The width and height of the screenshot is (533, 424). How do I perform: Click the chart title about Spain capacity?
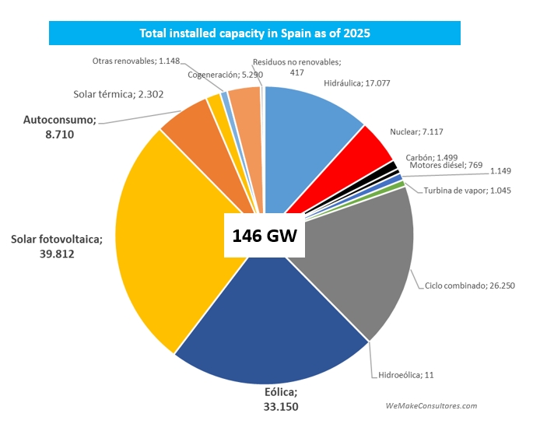[x=254, y=33]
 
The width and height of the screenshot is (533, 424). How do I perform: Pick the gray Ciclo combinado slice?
[x=358, y=257]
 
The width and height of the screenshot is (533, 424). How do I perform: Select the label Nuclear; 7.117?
[x=416, y=131]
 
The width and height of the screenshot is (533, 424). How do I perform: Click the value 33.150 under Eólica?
[x=281, y=405]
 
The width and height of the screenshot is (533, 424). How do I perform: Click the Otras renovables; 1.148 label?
[x=136, y=61]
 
